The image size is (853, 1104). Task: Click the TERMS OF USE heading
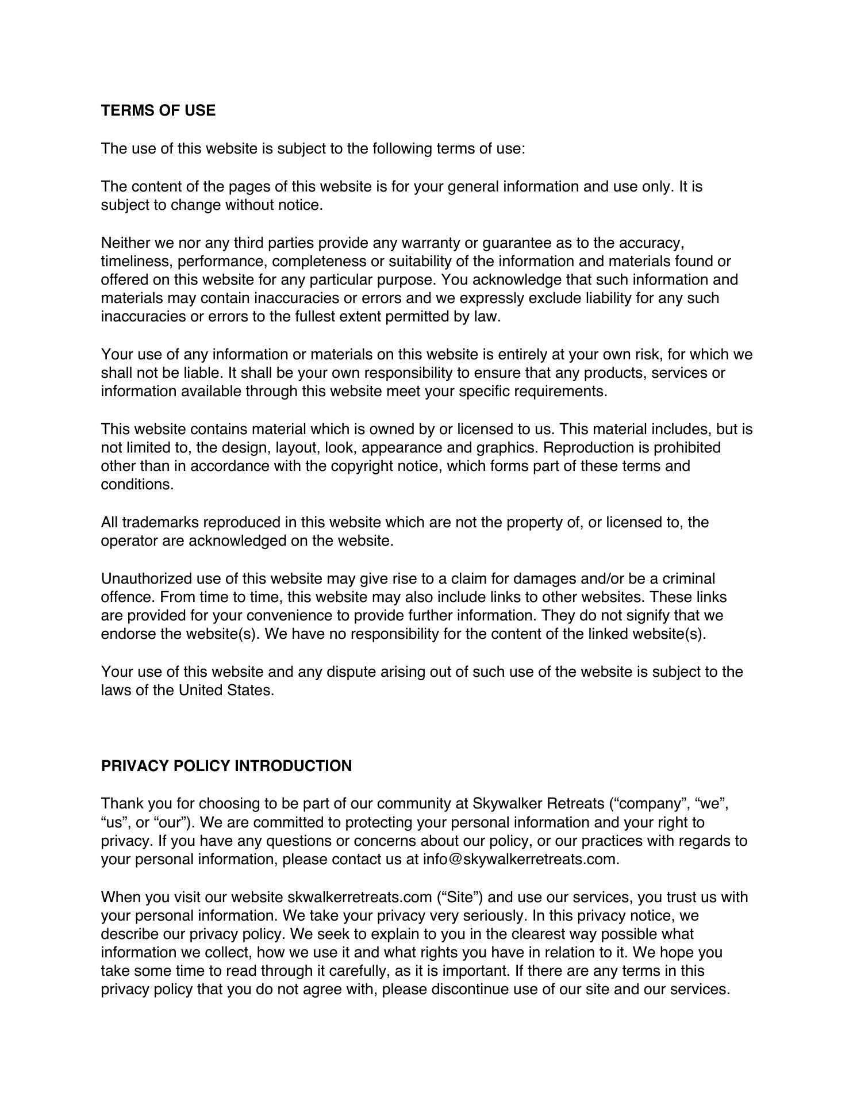(x=158, y=110)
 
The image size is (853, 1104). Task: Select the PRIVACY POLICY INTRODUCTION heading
(x=226, y=766)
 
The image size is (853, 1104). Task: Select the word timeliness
(x=136, y=261)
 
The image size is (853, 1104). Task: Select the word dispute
(x=351, y=672)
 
